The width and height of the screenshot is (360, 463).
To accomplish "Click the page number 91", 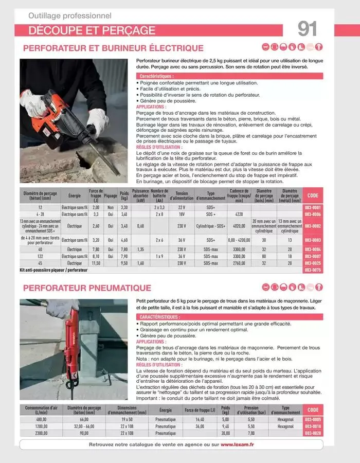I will [x=307, y=28].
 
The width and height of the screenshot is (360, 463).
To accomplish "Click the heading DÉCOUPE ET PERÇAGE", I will [x=92, y=30].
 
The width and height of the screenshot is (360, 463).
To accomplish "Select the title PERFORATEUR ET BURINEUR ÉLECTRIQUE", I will [x=113, y=48].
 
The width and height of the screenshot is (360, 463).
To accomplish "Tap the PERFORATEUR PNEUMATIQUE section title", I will [x=87, y=288].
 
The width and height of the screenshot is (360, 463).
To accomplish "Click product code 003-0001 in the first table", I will [x=313, y=207].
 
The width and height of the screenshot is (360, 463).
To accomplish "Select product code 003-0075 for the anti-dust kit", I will [x=313, y=270].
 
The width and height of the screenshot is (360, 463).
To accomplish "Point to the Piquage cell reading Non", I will [x=110, y=207].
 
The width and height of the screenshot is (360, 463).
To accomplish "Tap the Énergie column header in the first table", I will [x=75, y=196].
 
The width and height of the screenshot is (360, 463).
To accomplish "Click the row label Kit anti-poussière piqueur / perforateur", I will [x=53, y=270].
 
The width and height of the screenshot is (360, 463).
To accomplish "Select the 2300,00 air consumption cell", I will [x=41, y=433].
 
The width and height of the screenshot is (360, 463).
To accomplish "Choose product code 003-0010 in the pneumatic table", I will [x=313, y=426].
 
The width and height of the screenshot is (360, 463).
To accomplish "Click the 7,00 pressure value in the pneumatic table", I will [x=251, y=433].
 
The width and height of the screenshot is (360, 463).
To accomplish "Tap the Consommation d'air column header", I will [x=41, y=410].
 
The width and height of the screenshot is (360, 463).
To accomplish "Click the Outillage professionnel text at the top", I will [x=70, y=16].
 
